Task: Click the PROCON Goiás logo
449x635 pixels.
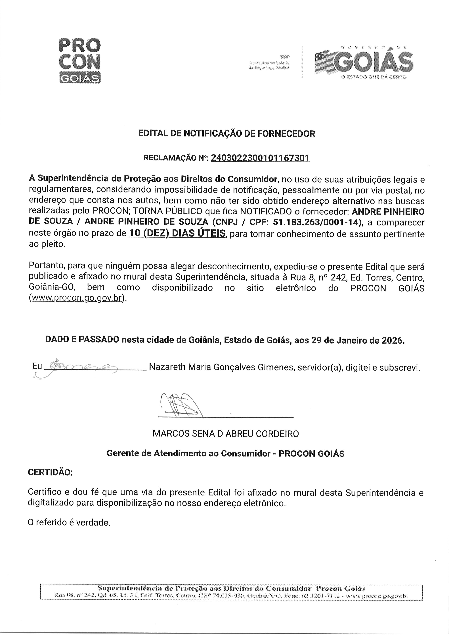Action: tap(80, 60)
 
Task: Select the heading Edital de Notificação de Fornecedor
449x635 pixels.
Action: tap(226, 134)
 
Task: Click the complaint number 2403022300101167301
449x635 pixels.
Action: tap(260, 158)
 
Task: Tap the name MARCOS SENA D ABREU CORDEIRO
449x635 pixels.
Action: tap(226, 433)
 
